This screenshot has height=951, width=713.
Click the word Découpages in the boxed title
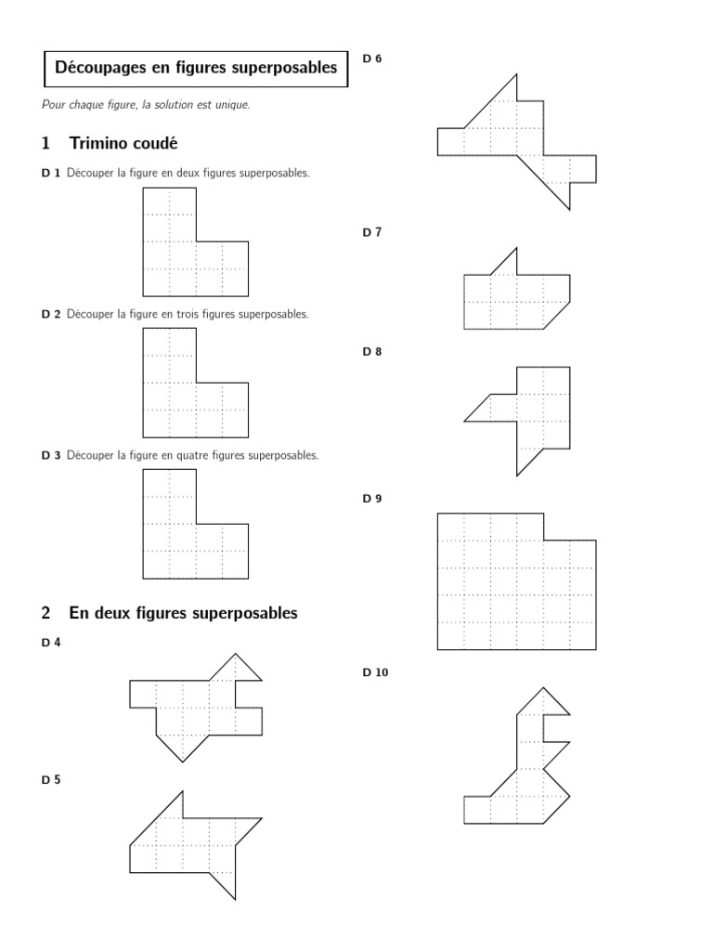click(x=95, y=68)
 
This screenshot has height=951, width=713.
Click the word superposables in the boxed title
click(x=290, y=68)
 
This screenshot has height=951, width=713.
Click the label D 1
click(x=50, y=174)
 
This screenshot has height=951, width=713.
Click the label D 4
click(x=50, y=643)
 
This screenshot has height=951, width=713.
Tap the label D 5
click(x=50, y=780)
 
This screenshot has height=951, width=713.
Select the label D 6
click(x=371, y=59)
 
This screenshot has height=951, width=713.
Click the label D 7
click(x=371, y=232)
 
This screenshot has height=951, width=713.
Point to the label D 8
click(x=371, y=352)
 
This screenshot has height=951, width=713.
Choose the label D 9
click(x=371, y=499)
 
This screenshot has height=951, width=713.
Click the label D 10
click(x=375, y=672)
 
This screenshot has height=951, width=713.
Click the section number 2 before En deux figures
click(x=45, y=613)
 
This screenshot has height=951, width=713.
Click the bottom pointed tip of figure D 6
click(x=568, y=208)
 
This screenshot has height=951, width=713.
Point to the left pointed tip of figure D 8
click(x=467, y=420)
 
